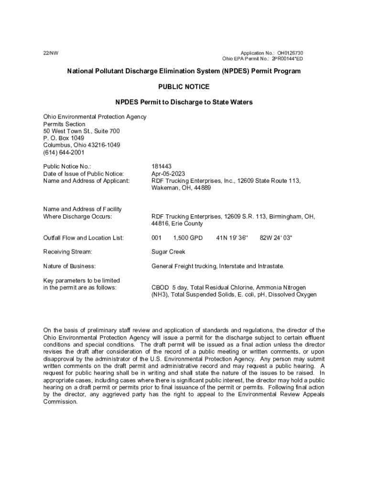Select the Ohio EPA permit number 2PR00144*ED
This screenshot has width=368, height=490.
point(287,59)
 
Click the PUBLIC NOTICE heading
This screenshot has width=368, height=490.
point(184,87)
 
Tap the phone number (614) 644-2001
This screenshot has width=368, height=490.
point(64,153)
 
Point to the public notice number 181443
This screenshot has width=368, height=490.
point(161,167)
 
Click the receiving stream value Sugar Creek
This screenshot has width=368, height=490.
point(168,252)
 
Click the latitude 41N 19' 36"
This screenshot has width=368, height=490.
point(232,238)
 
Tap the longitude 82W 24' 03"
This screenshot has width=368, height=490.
point(276,238)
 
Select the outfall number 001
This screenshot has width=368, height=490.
point(157,238)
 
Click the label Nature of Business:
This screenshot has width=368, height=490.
point(69,266)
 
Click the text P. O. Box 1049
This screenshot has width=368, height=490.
point(64,138)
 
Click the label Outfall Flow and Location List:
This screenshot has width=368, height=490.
point(84,238)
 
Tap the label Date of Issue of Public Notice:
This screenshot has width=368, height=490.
point(84,174)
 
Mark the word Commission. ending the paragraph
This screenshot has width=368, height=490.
point(60,402)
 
